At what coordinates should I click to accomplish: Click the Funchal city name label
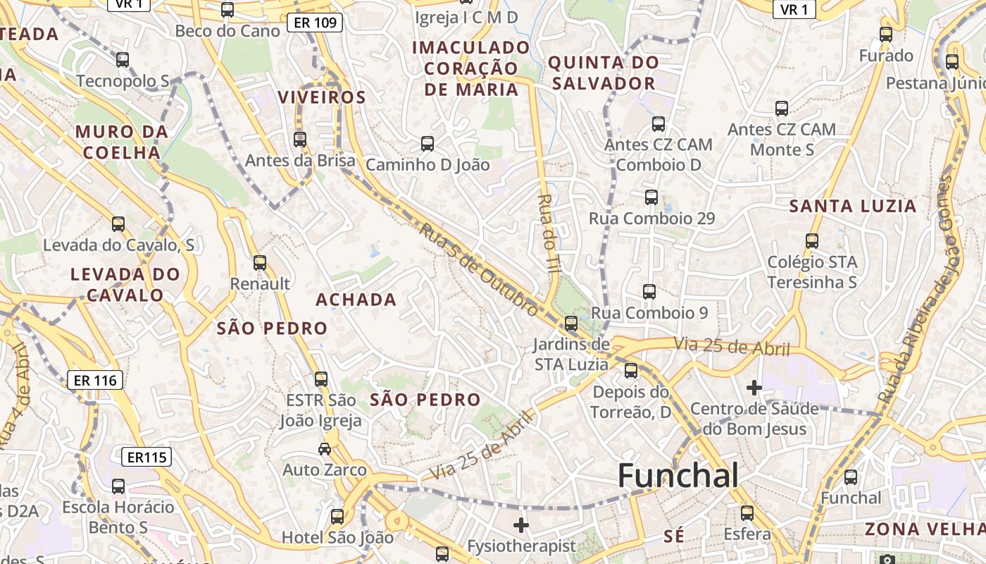678,477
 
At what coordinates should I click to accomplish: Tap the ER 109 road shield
315,23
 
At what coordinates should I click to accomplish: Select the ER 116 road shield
95,381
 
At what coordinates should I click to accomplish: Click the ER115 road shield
146,457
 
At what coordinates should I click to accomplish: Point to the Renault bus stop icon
260,263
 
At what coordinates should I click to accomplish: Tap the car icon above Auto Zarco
325,448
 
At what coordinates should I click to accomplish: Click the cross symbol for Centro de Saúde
754,387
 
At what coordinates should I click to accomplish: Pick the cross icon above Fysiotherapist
521,525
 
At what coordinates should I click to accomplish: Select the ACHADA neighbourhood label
356,300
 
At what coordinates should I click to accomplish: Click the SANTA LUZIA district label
852,206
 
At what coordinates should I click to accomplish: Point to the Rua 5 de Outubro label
479,269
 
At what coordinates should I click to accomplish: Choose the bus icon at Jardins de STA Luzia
571,324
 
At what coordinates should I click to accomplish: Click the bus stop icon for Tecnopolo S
123,60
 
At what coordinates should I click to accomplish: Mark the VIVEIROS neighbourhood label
322,97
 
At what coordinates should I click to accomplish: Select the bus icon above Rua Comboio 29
651,197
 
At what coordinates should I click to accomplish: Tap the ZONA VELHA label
925,529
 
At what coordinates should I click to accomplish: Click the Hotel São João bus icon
337,517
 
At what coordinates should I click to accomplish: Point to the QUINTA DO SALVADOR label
604,73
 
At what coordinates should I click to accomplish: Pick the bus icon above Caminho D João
428,144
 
